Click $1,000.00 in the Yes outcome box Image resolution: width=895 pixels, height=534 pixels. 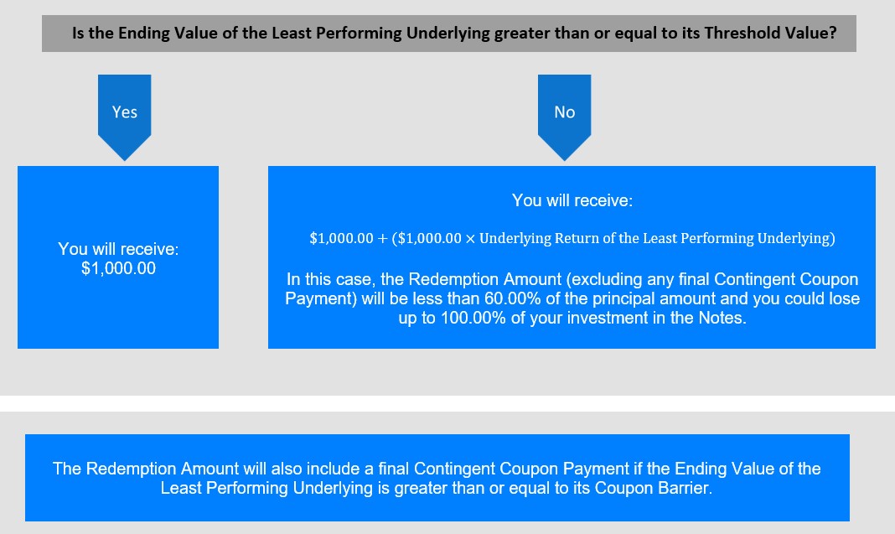[x=118, y=268]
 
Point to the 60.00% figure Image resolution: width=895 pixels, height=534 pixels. [x=513, y=298]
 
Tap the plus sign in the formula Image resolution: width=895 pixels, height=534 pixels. [x=382, y=239]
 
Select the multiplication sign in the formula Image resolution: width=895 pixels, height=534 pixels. [x=470, y=239]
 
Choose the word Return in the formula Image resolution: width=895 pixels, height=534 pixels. [x=577, y=238]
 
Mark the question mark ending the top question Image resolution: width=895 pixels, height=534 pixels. [x=833, y=34]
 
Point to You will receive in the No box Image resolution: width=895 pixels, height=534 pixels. [x=572, y=200]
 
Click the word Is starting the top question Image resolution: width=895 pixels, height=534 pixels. [x=78, y=34]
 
